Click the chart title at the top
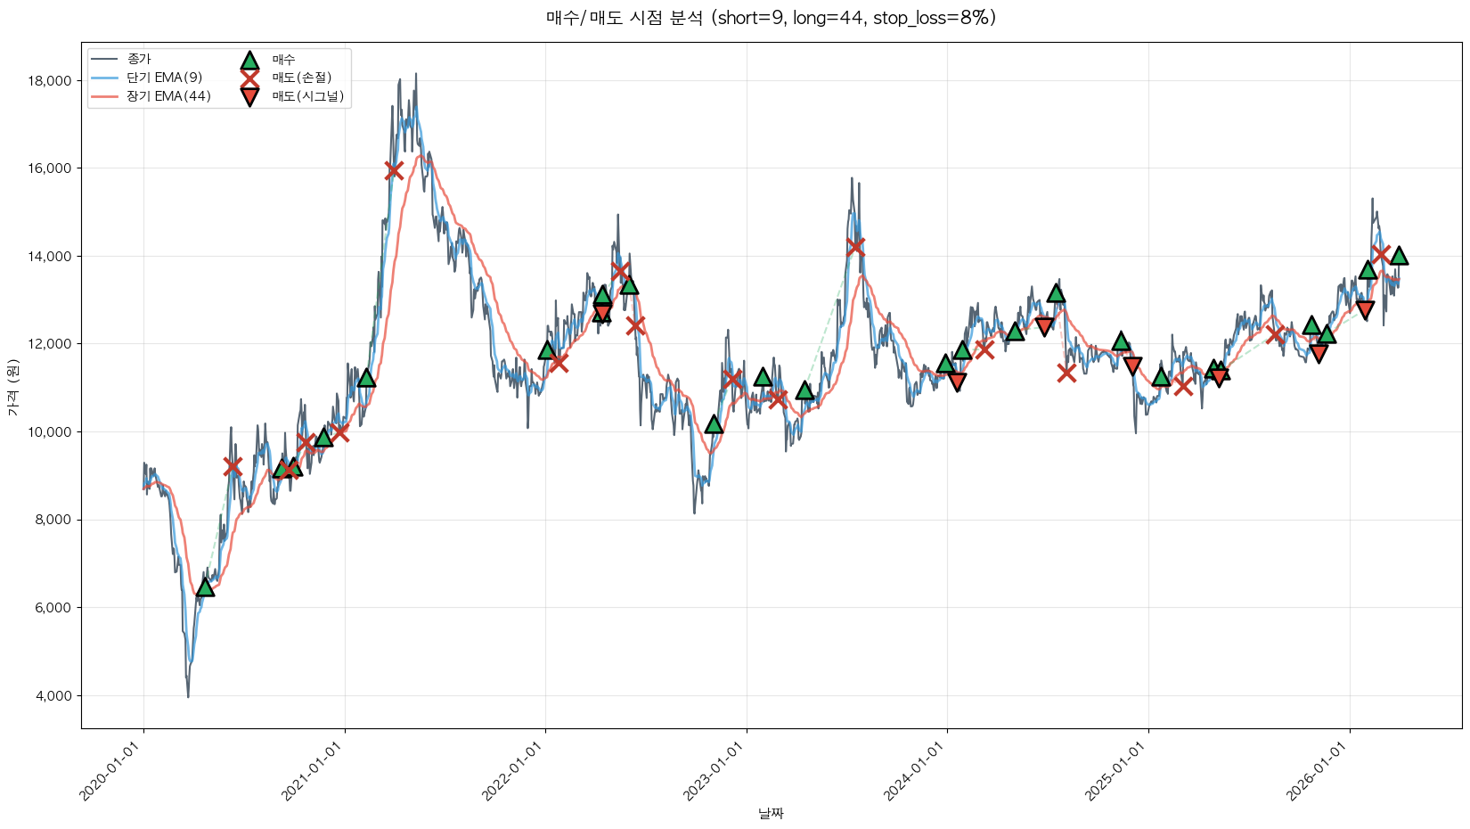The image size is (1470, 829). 771,18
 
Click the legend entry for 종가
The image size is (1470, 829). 139,59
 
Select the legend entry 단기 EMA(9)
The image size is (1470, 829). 164,78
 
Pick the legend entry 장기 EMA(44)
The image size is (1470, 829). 168,96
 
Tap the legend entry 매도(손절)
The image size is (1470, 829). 301,78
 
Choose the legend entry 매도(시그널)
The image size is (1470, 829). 307,96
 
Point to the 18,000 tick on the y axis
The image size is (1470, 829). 50,81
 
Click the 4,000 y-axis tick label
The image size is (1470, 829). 53,696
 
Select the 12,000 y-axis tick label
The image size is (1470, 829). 50,344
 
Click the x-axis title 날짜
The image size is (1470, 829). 771,813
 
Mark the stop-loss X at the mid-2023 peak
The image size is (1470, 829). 855,246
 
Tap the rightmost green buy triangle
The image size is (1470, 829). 1399,256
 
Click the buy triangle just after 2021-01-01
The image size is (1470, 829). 365,378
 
